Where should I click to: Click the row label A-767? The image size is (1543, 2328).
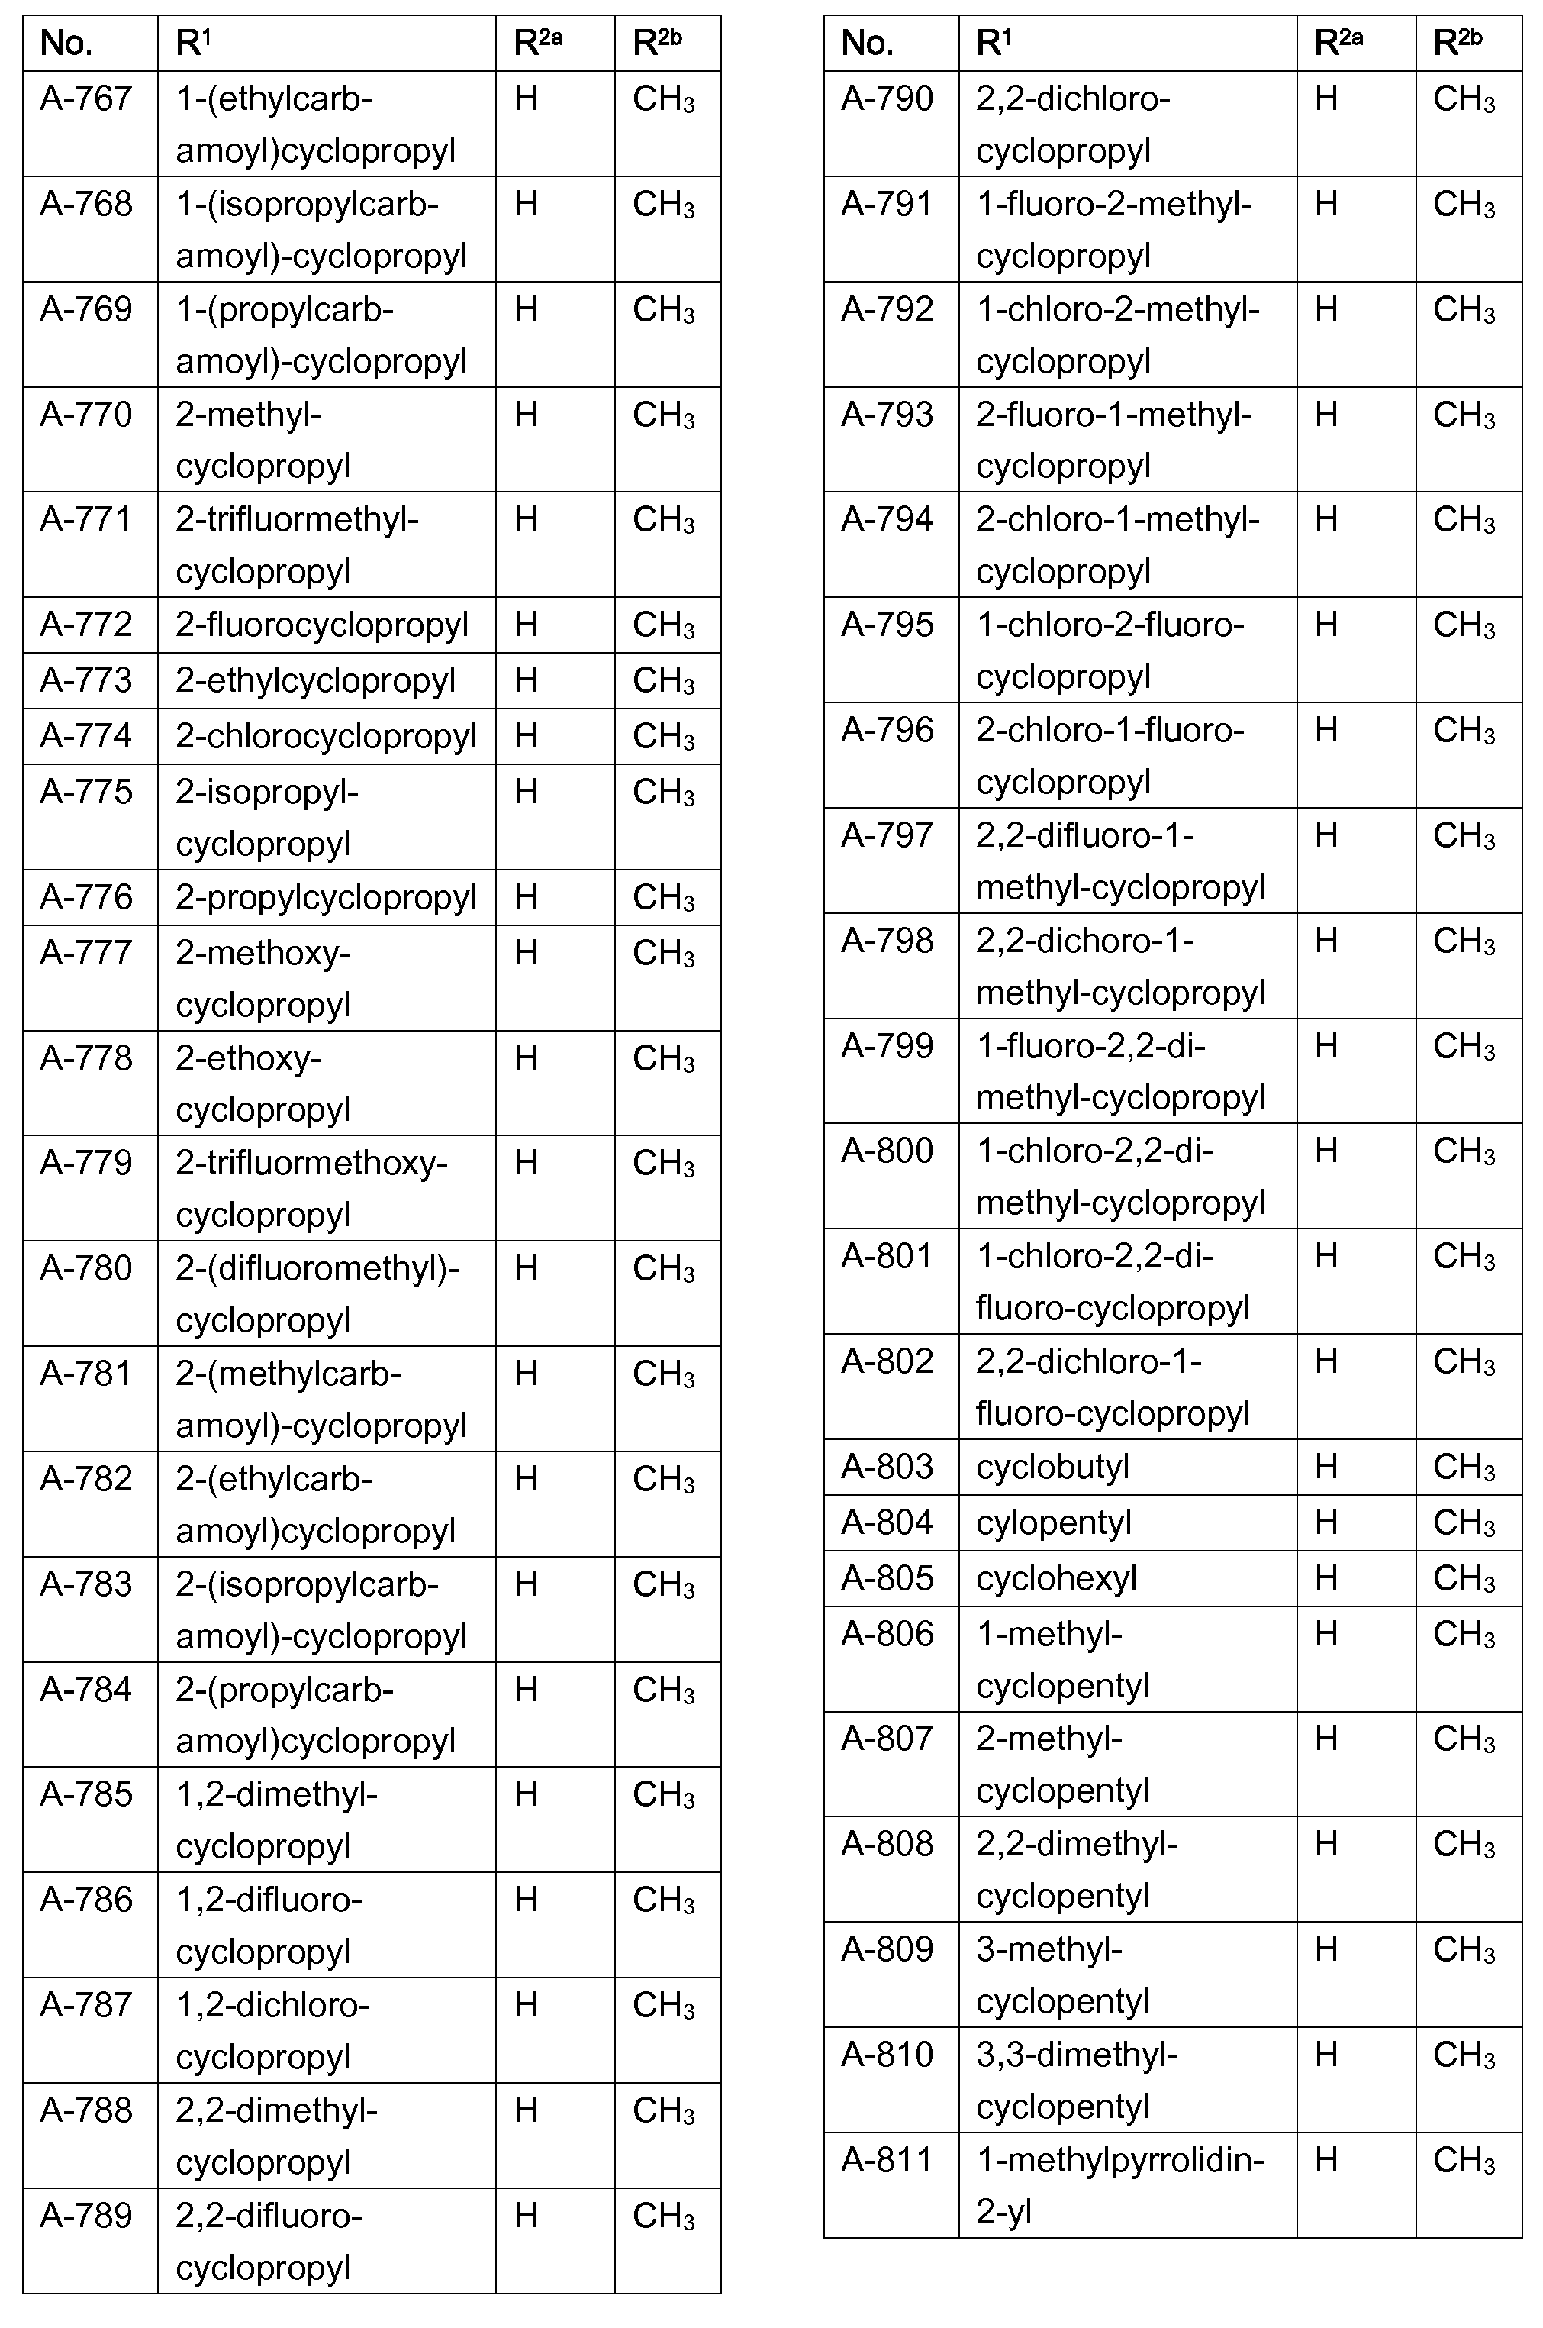[x=86, y=98]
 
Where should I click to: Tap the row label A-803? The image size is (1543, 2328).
[x=887, y=1467]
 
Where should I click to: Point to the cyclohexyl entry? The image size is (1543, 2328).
[x=1056, y=1578]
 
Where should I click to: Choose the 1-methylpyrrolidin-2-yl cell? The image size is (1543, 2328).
[x=1119, y=2185]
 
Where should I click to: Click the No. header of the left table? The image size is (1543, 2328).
[x=66, y=44]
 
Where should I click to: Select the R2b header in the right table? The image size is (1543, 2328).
[x=1458, y=44]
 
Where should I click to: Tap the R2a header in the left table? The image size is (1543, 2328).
[x=538, y=44]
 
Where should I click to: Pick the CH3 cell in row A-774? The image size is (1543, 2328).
[x=663, y=736]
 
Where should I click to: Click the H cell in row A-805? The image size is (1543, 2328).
[x=1326, y=1578]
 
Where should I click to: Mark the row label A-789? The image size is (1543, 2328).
[x=86, y=2216]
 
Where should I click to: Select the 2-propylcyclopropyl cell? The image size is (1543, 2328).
[x=326, y=896]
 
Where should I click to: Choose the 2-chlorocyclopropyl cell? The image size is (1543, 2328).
[x=326, y=736]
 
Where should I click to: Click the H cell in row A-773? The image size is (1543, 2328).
[x=526, y=680]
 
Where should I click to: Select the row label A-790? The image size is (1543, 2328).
[x=887, y=98]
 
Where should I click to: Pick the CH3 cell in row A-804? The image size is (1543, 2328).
[x=1464, y=1522]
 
